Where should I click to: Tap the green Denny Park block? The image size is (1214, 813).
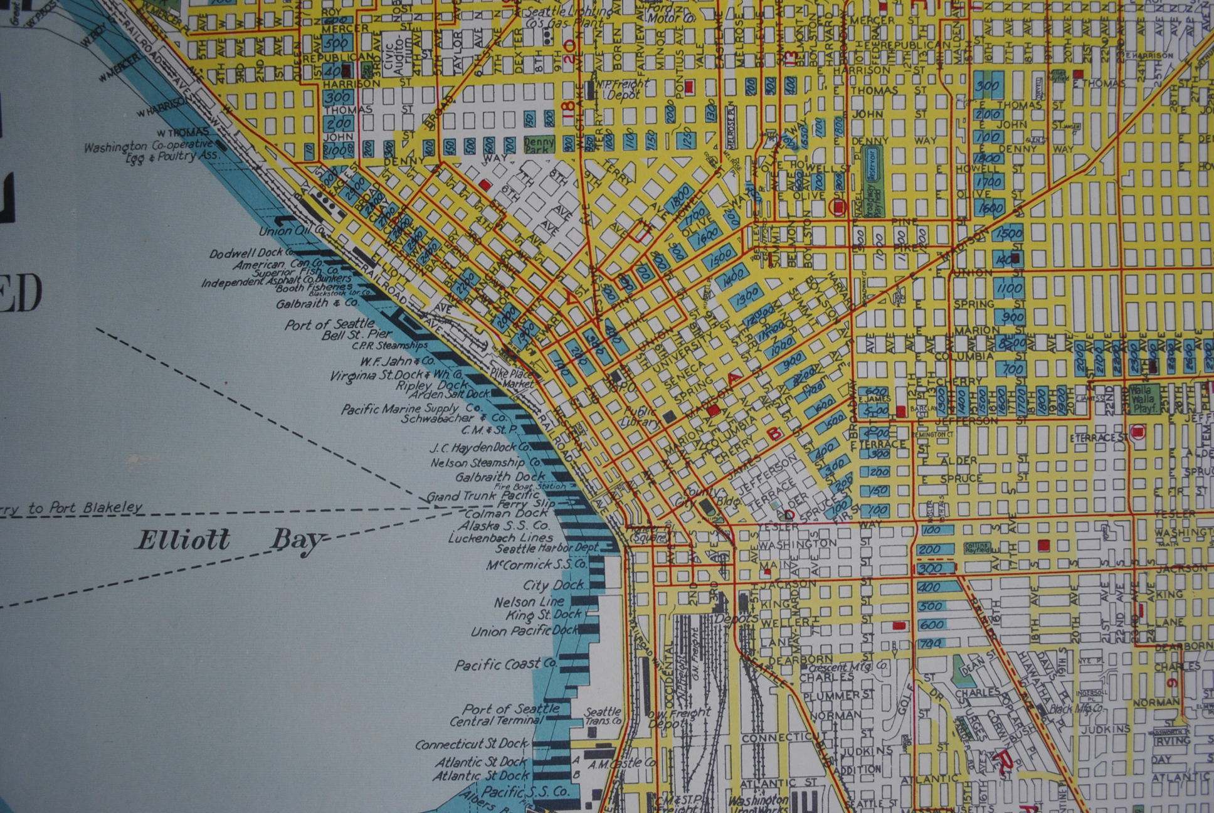click(540, 144)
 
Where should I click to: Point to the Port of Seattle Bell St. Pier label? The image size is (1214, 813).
click(339, 331)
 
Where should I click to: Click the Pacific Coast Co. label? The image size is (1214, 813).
click(505, 664)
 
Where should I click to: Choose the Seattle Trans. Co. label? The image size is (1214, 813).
click(603, 716)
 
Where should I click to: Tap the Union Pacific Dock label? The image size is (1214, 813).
click(524, 631)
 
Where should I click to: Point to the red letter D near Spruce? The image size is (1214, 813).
click(789, 514)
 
